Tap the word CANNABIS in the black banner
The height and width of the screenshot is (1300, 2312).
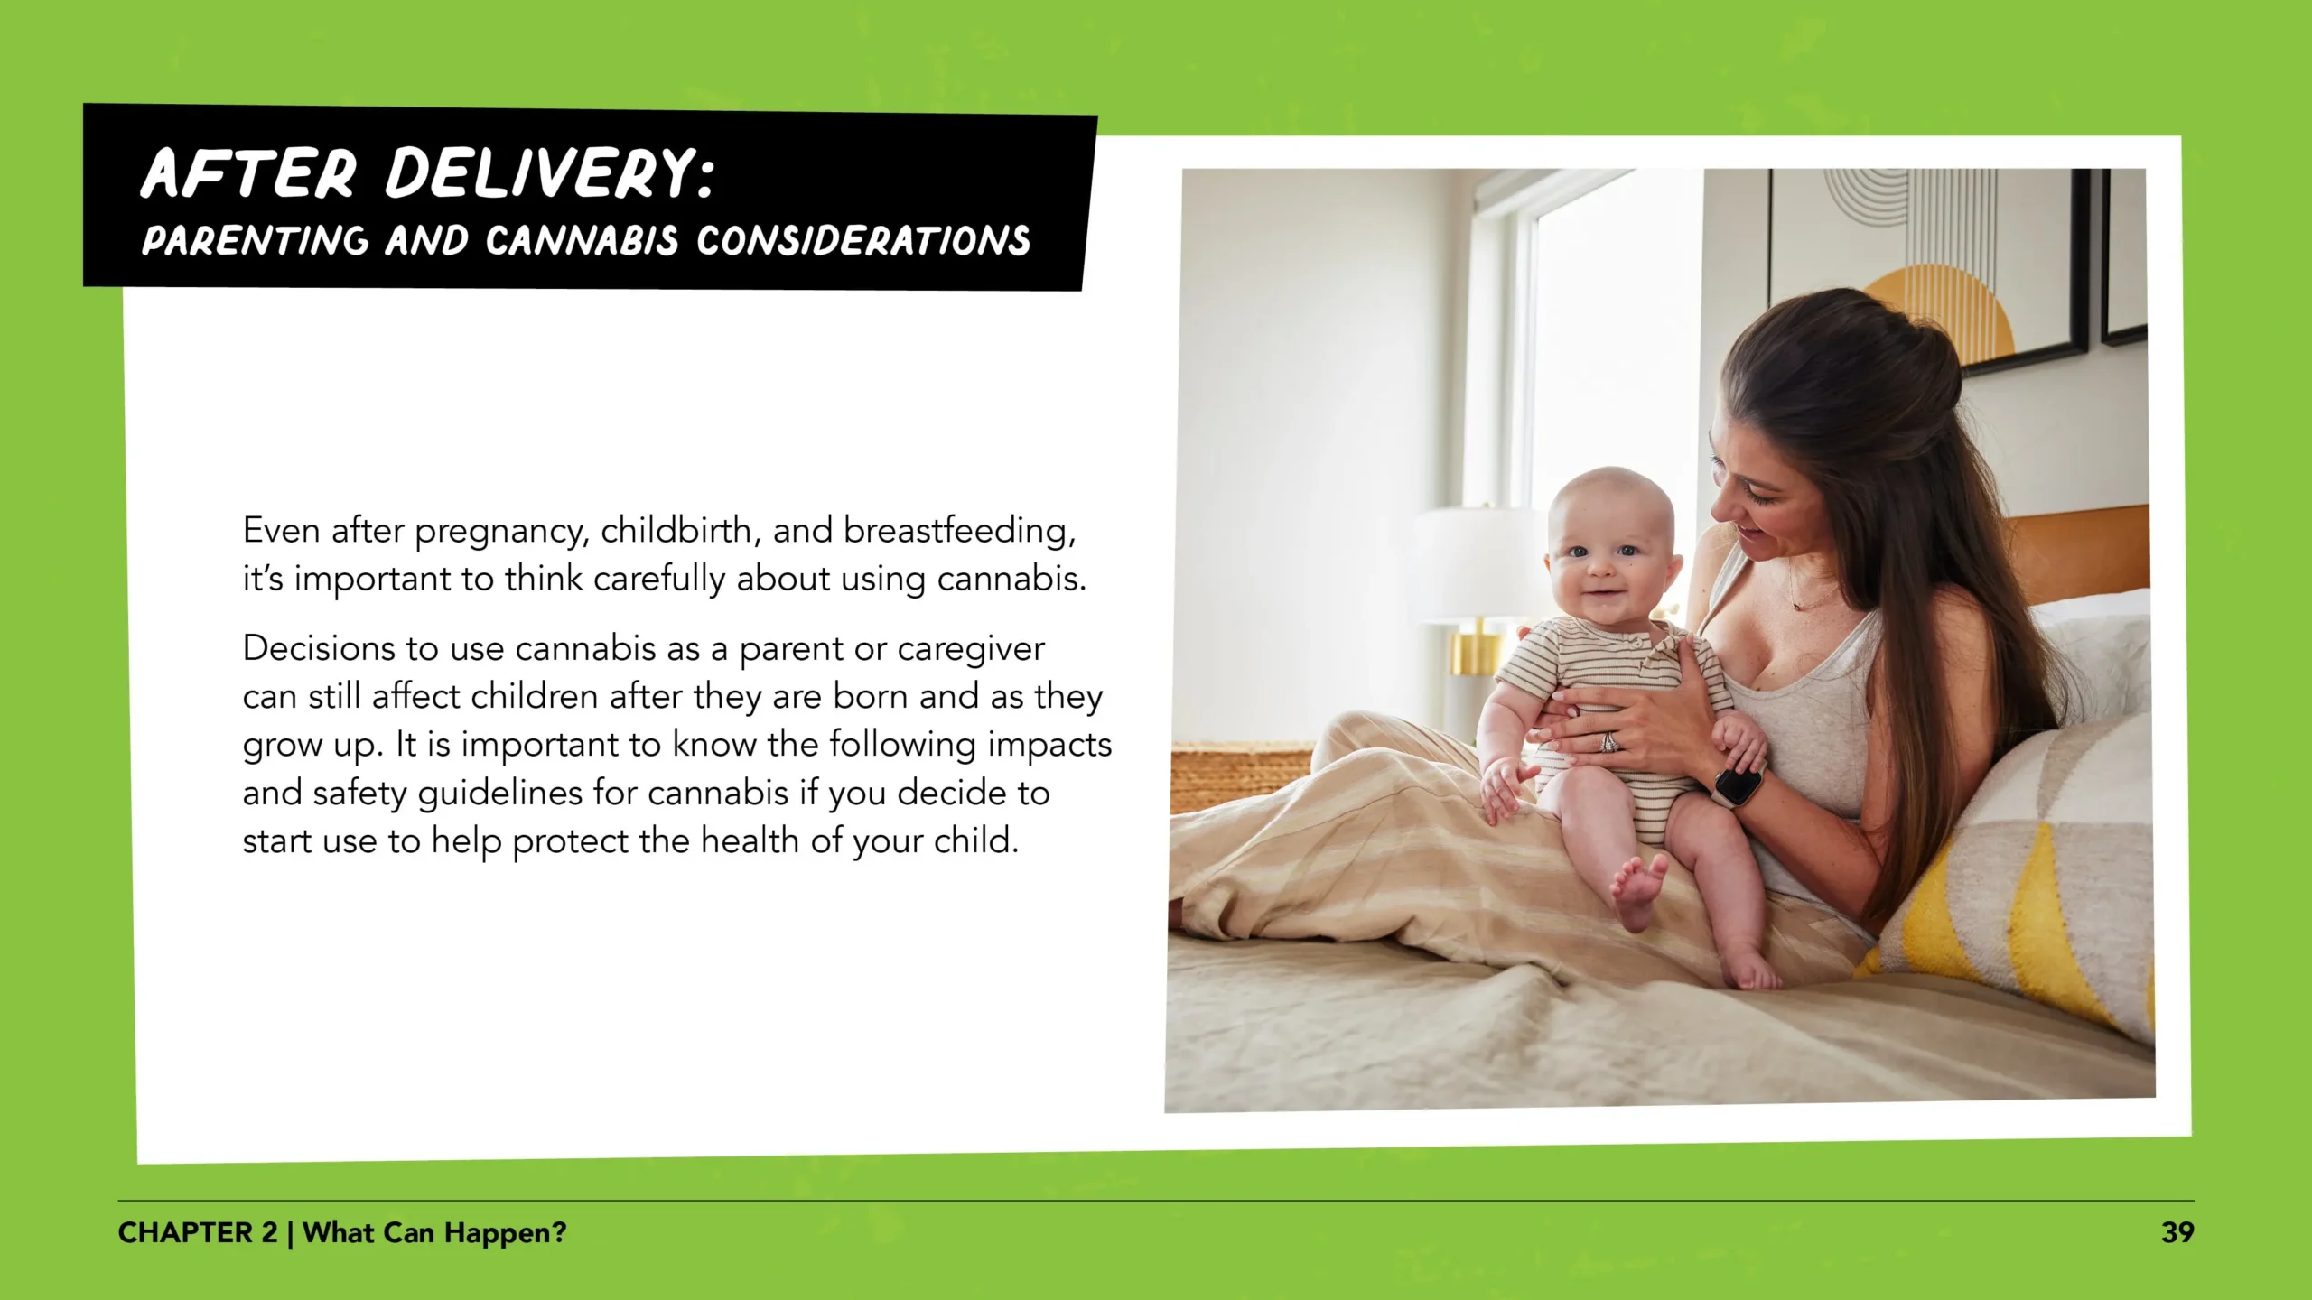click(x=581, y=241)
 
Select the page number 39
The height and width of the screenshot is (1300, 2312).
click(x=2177, y=1233)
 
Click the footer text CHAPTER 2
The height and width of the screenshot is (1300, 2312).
click(x=198, y=1233)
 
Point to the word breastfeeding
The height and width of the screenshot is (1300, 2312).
click(x=958, y=531)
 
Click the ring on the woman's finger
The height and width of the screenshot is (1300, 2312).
click(x=1609, y=742)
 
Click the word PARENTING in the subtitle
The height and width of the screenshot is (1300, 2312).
click(x=255, y=241)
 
